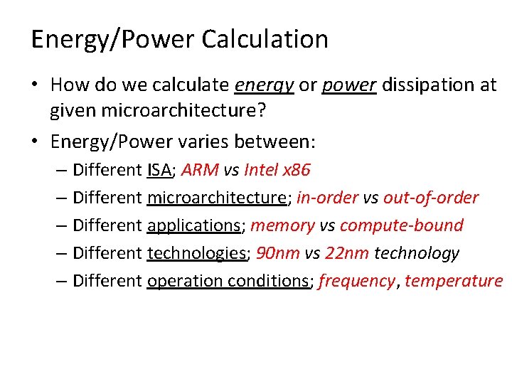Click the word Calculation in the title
(265, 39)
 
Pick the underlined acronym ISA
(160, 170)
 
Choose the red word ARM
(200, 170)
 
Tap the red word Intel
(260, 170)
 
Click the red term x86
(297, 170)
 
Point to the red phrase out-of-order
(431, 198)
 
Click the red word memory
(282, 225)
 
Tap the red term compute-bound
(402, 225)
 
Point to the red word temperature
(454, 281)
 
